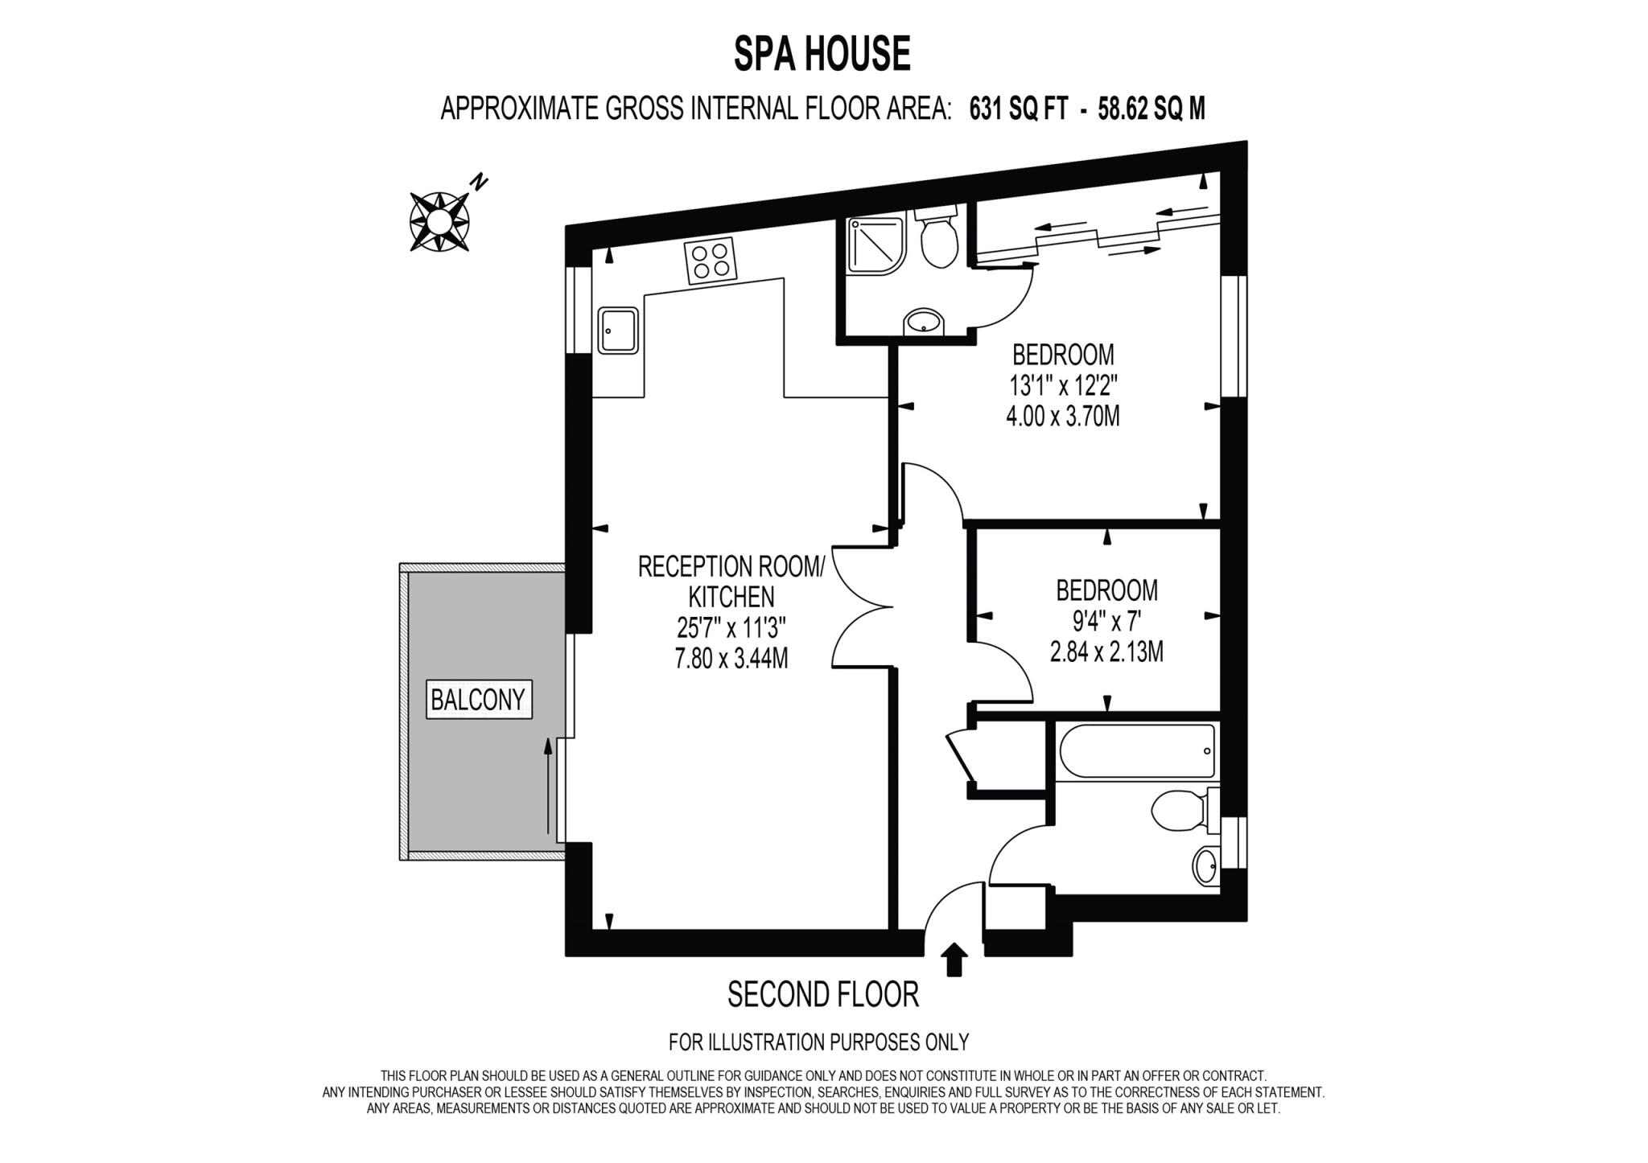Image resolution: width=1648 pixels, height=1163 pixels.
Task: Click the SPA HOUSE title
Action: click(x=822, y=55)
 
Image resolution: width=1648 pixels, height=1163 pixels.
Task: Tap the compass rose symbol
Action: click(x=439, y=220)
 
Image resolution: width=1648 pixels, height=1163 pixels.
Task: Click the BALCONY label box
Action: click(x=478, y=700)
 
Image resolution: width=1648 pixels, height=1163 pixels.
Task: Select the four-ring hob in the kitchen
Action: click(x=711, y=261)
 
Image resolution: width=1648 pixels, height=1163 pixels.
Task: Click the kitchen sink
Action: click(x=618, y=331)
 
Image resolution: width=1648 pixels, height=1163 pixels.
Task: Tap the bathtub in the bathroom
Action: click(x=1137, y=752)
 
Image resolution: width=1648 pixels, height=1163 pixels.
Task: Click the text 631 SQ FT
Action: click(x=1019, y=109)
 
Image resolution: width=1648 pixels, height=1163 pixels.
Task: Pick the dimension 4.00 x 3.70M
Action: click(x=1062, y=417)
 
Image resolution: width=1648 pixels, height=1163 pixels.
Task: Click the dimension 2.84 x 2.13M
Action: click(x=1106, y=651)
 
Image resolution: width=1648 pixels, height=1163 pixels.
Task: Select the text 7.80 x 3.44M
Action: click(x=731, y=659)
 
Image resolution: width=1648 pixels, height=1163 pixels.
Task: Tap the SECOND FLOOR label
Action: click(x=822, y=995)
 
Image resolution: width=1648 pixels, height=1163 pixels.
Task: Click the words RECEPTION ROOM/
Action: click(x=731, y=566)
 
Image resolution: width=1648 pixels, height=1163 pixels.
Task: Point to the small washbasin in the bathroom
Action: click(x=1205, y=865)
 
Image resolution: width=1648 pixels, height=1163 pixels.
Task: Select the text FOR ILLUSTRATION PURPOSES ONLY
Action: click(x=818, y=1042)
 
